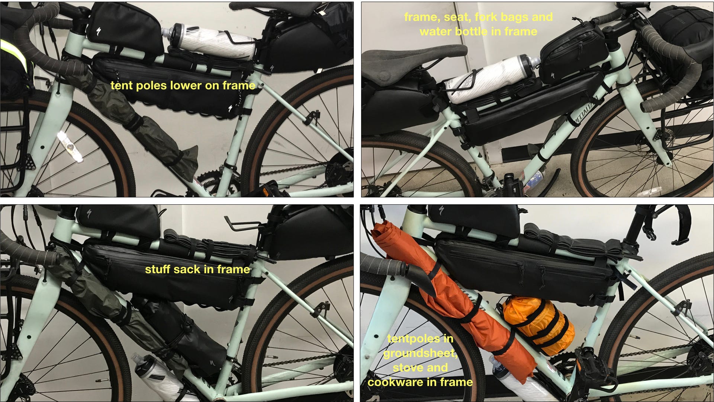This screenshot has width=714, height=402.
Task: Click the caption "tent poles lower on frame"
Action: tap(183, 86)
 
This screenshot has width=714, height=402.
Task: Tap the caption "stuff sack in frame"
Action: tap(197, 269)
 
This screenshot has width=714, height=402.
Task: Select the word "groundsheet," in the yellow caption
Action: tap(420, 353)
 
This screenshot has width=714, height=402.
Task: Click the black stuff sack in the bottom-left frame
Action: tap(182, 331)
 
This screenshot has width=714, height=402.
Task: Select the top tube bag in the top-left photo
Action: tap(125, 28)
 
